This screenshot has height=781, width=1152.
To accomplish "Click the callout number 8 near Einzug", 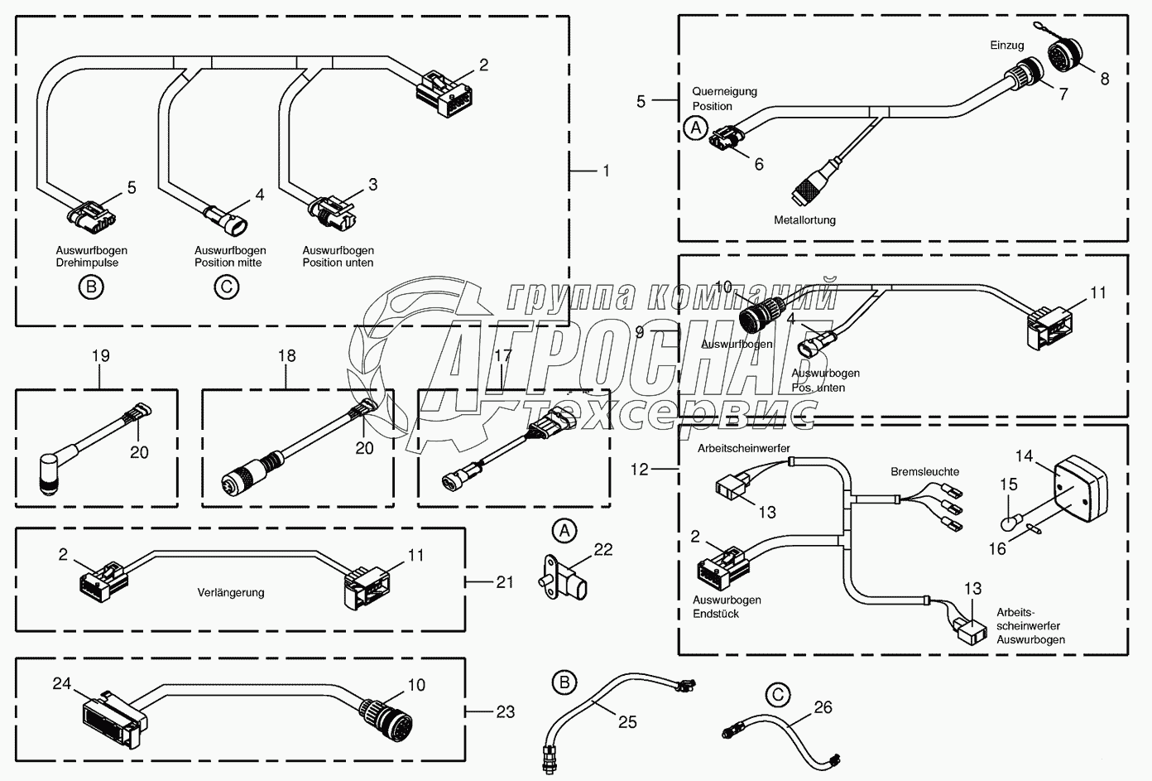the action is (x=1104, y=80).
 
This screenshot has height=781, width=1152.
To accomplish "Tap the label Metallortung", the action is (x=804, y=220).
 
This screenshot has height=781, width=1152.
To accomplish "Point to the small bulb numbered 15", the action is (x=1008, y=523).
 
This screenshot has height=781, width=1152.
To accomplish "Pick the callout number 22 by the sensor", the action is (x=603, y=549).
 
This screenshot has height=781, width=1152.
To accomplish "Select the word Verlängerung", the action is (x=231, y=592).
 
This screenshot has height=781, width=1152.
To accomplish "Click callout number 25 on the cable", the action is (x=627, y=722).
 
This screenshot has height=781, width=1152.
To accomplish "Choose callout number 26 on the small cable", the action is (x=823, y=707).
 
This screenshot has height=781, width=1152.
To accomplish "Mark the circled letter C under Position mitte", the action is (x=226, y=287).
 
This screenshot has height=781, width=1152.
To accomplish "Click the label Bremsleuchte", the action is (x=924, y=472).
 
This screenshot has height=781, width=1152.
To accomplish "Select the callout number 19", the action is (x=100, y=356).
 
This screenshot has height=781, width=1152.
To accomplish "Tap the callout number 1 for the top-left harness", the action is (x=606, y=171).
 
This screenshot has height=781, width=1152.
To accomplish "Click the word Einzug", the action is (x=1007, y=46).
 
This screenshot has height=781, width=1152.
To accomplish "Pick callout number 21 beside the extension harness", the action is (x=505, y=582).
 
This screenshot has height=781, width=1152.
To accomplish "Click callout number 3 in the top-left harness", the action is (x=372, y=185).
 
